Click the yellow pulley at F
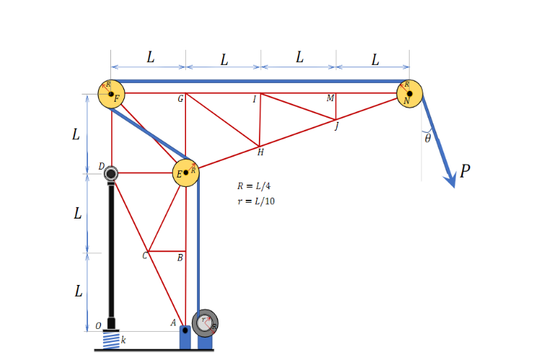[111, 93]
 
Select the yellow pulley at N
[409, 94]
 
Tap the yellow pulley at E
[186, 173]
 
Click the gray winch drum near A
[205, 322]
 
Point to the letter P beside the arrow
[465, 171]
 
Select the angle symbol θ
[428, 139]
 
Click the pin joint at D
[111, 173]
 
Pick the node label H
[260, 152]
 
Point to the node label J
[336, 127]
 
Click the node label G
[180, 99]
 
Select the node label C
[144, 255]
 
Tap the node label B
[180, 258]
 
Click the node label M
[330, 99]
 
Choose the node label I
[254, 100]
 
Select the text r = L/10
[256, 201]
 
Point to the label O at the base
[98, 326]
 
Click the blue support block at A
[185, 337]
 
